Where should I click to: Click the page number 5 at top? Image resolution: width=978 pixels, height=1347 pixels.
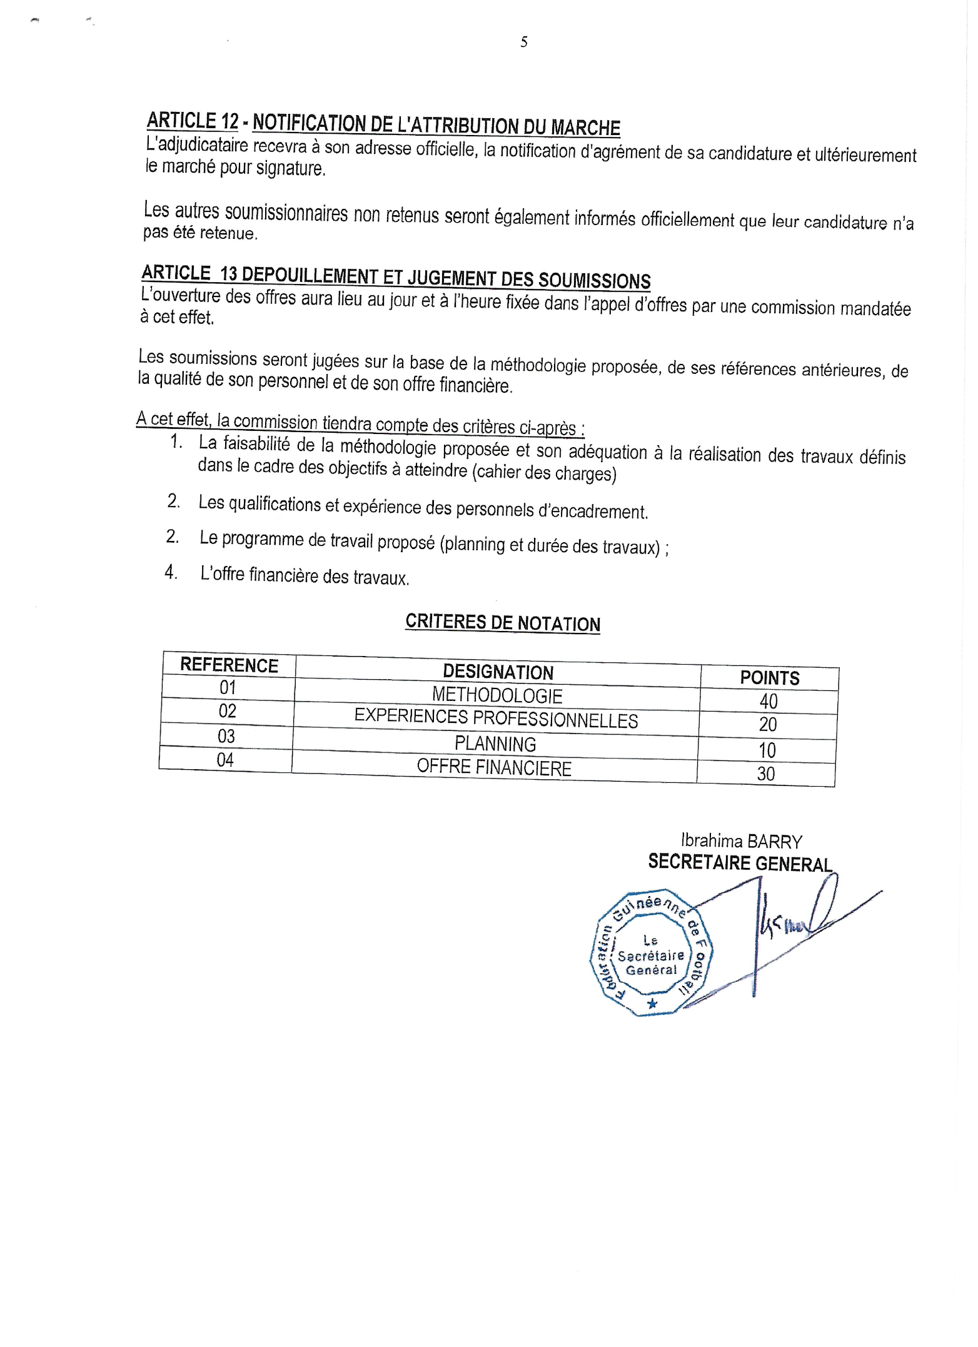point(523,42)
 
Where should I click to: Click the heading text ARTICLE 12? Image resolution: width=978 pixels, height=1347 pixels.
point(193,120)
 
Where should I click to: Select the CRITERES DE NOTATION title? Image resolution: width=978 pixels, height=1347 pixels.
point(502,623)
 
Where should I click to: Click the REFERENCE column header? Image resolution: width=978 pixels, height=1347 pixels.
point(229,665)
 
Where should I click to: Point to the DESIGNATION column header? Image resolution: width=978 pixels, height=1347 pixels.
point(498,672)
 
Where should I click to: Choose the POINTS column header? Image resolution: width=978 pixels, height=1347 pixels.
point(769,678)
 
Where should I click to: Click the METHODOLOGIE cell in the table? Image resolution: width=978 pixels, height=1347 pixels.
point(497,695)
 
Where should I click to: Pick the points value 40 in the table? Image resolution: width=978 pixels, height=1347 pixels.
point(769,701)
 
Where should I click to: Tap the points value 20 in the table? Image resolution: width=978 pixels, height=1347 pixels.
point(768,725)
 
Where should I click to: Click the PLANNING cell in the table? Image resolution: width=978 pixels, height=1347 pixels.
point(495,744)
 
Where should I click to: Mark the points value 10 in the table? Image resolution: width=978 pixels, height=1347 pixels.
point(767,750)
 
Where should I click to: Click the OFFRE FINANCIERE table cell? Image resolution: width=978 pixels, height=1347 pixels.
point(494,767)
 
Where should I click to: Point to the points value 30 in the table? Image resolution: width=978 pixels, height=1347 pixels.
point(766,774)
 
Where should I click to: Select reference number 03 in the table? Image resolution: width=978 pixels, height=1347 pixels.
point(226,736)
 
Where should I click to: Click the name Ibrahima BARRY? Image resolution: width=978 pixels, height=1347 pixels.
point(741,841)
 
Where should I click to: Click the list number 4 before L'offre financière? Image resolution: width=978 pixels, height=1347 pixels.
point(170,572)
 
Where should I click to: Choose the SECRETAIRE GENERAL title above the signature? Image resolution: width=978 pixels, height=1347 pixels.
point(740,863)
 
